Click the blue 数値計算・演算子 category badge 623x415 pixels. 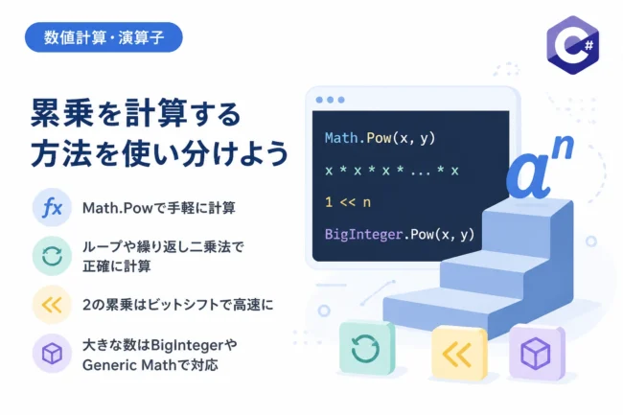pos(104,37)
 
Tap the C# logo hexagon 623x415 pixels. pos(572,45)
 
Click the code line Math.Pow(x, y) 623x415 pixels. pos(380,138)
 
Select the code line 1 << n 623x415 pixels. pos(348,202)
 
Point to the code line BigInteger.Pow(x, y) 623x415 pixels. pos(400,234)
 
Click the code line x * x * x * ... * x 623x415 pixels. pos(392,171)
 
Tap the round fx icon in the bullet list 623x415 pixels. pos(52,207)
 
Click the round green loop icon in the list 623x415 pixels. pos(52,256)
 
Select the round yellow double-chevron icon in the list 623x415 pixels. pos(52,305)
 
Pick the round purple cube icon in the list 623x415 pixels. pos(52,354)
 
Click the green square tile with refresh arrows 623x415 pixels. pos(366,348)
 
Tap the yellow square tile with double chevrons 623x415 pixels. pos(459,354)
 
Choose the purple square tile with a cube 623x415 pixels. pos(537,353)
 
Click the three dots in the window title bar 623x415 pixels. pos(330,100)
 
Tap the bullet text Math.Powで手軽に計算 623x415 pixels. pos(158,208)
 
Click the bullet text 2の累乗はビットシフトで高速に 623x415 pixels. pos(178,305)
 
